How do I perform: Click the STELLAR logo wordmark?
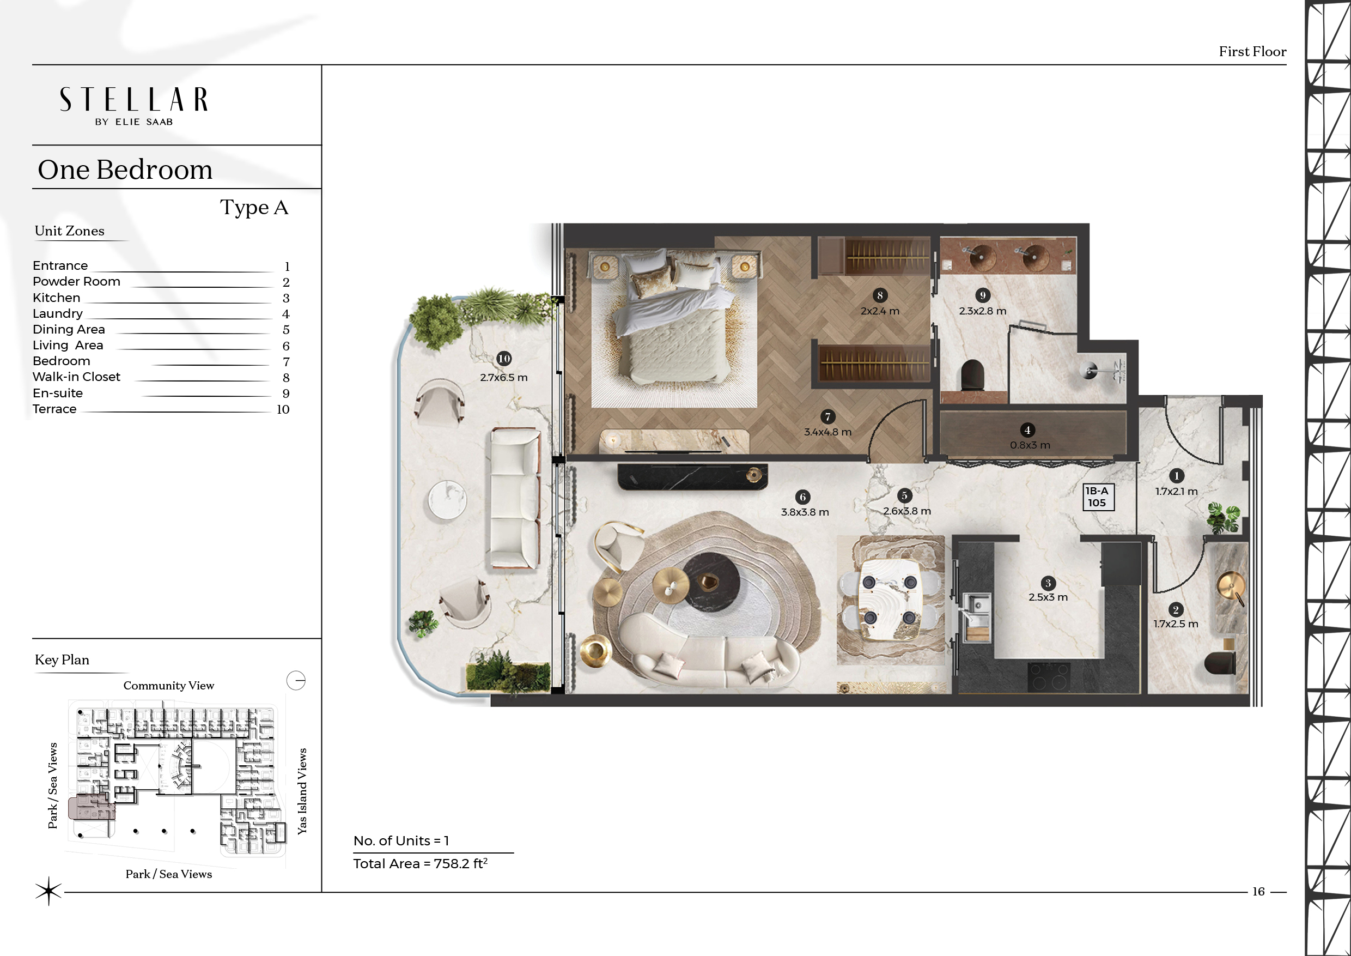pos(133,100)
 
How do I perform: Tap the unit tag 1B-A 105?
pos(1098,497)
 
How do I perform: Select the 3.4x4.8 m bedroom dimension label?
pos(828,432)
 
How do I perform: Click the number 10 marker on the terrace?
pos(504,359)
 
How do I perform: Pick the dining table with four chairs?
pos(890,599)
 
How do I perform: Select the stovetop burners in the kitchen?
pos(1049,676)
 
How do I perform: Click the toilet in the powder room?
pos(1219,663)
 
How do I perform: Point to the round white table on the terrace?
pos(447,500)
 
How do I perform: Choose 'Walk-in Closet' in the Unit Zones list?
pos(76,377)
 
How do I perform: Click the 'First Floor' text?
pos(1252,52)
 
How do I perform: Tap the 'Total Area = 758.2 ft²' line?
pos(421,863)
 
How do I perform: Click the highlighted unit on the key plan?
pos(91,807)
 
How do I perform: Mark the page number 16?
pos(1258,891)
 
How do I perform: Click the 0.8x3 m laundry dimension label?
pos(1030,445)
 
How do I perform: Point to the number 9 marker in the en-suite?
pos(983,295)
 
